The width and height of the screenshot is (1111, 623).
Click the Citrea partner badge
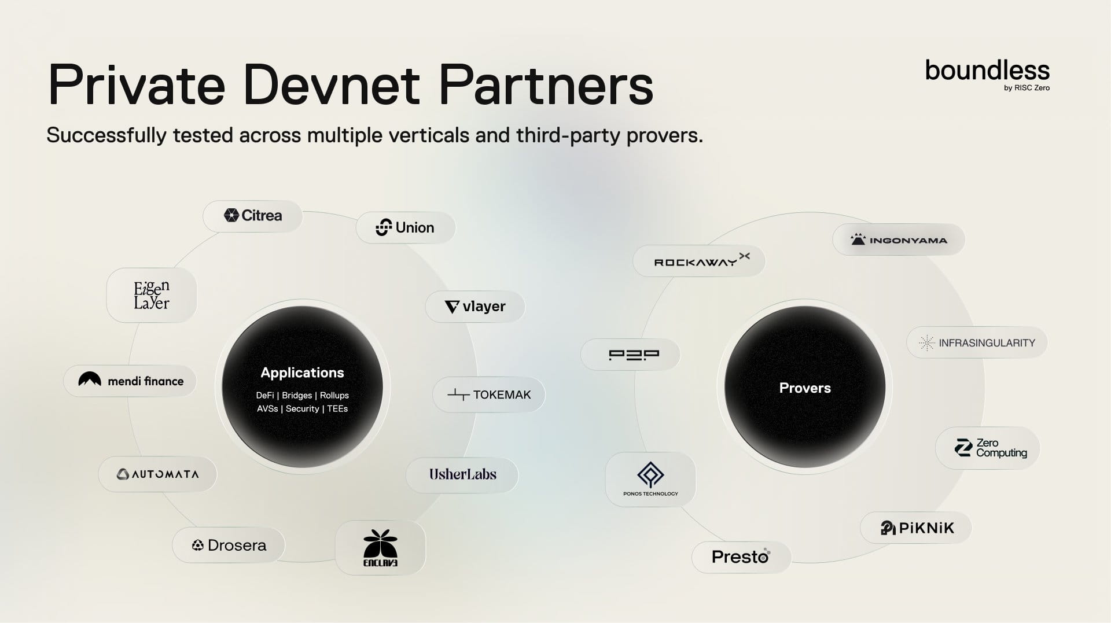click(253, 216)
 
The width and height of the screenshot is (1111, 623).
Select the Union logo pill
click(405, 227)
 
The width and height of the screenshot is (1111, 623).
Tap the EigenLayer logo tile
click(152, 295)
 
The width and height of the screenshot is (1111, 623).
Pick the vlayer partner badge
click(475, 307)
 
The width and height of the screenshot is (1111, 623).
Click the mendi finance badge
click(131, 381)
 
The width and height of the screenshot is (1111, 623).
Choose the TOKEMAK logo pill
click(489, 395)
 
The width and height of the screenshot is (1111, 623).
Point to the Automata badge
click(158, 474)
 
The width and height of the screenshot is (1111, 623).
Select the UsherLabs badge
click(462, 475)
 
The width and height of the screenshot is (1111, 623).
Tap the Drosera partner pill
click(229, 545)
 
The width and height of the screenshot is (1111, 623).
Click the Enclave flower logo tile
click(380, 547)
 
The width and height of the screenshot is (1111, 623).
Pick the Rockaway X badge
click(699, 261)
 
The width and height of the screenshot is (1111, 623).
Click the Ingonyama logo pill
click(899, 239)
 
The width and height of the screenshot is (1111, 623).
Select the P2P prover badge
click(631, 355)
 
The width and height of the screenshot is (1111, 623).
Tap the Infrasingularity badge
click(977, 342)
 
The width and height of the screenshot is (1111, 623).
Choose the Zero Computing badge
click(988, 448)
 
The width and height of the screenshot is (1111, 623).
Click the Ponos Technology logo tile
click(650, 479)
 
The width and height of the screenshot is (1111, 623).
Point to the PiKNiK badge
click(915, 528)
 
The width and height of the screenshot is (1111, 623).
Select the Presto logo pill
click(741, 557)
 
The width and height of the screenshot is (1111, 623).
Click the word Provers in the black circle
click(805, 388)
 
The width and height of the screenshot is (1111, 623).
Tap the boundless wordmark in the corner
click(987, 71)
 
